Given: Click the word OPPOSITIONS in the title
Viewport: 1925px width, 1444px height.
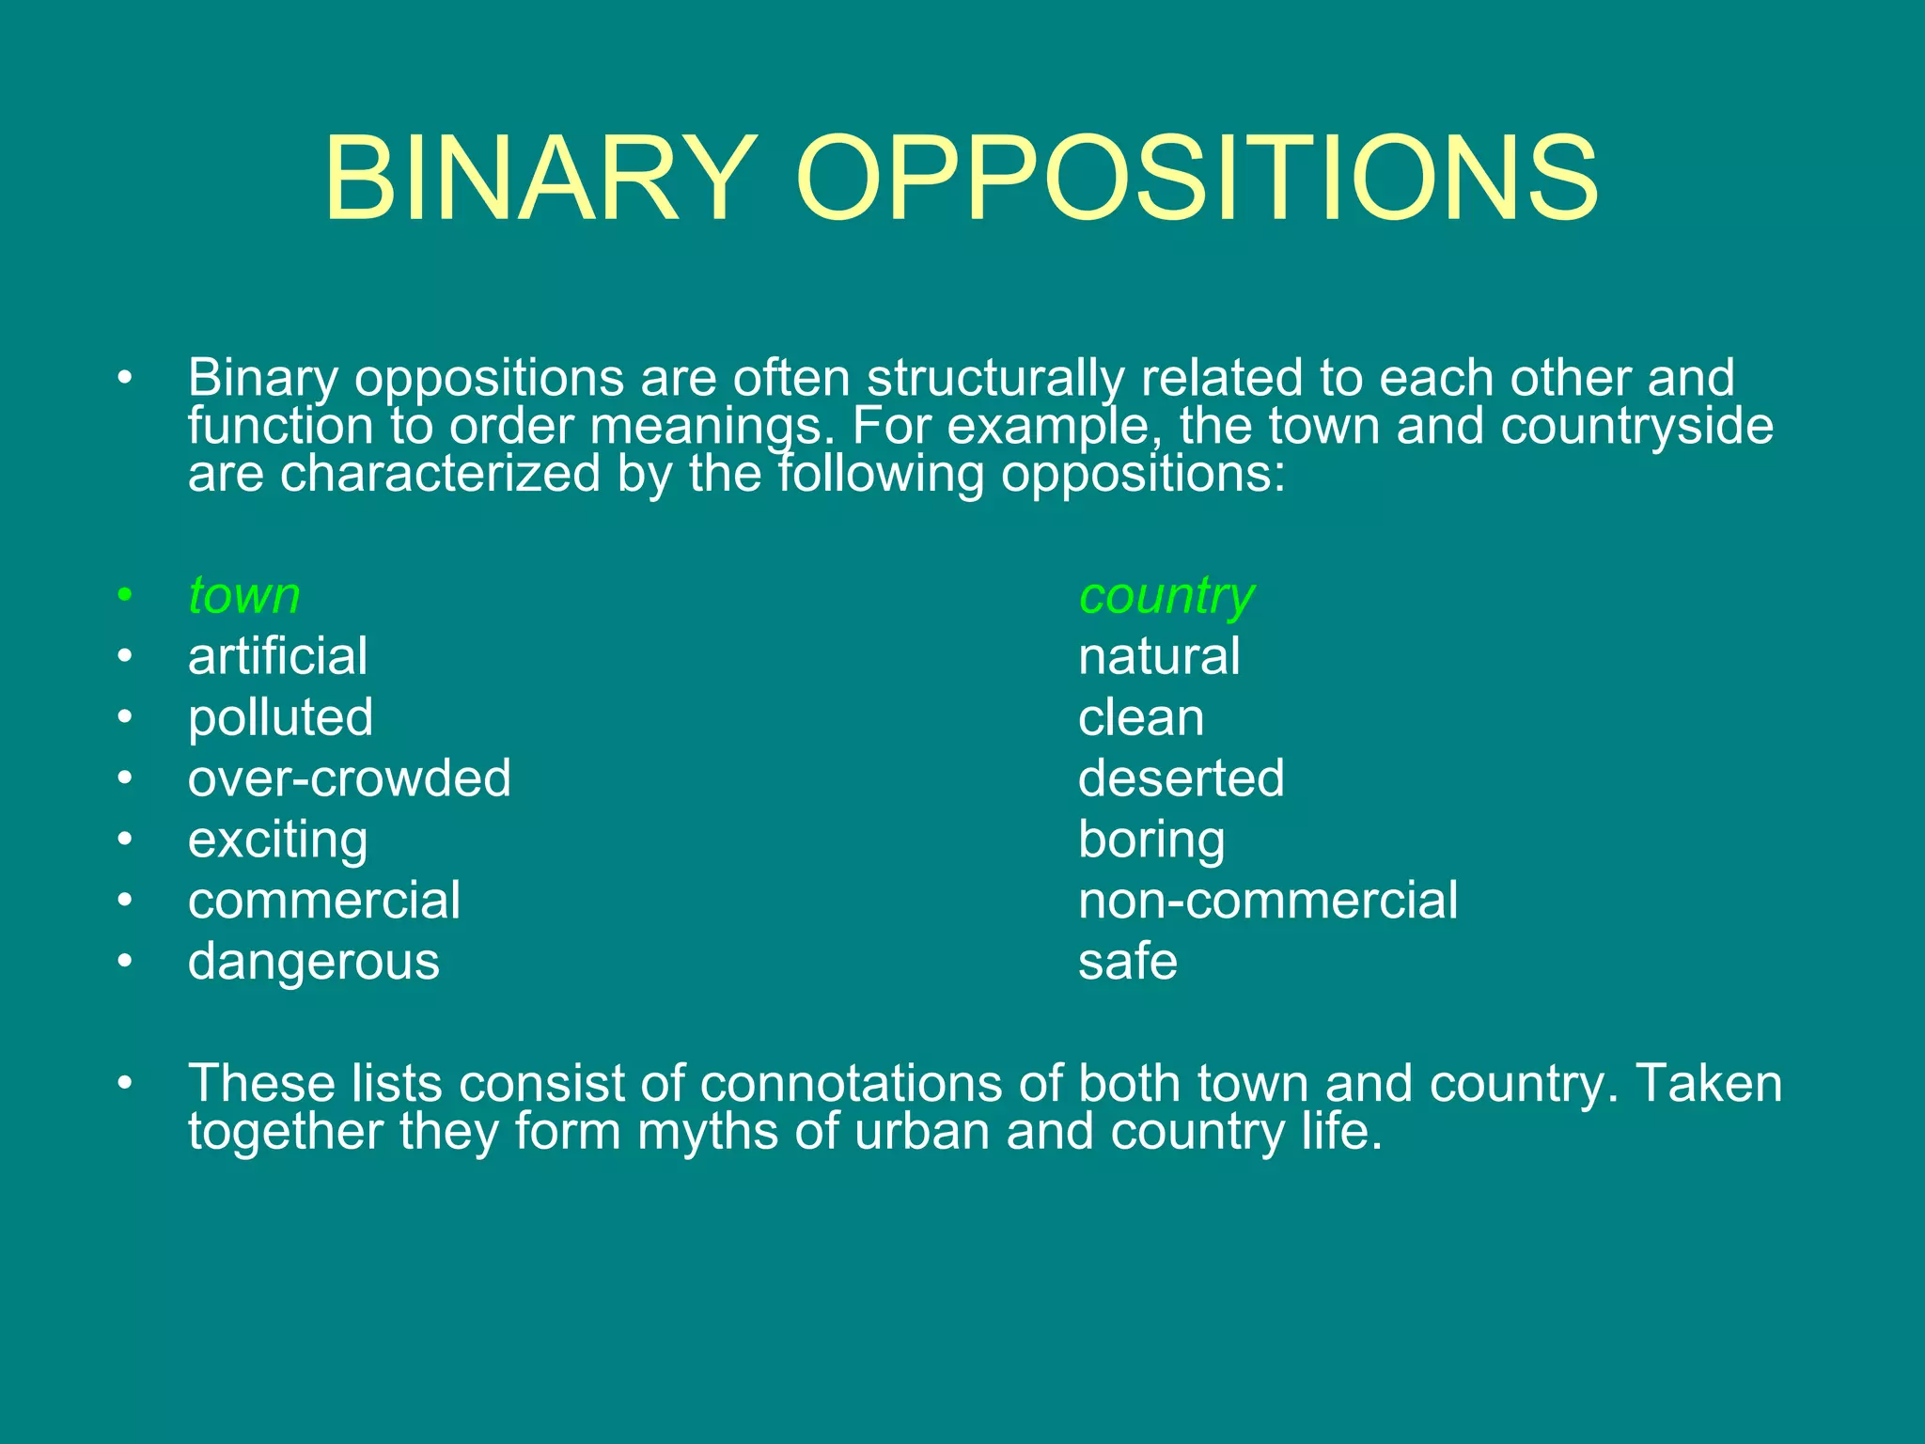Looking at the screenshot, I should (1196, 179).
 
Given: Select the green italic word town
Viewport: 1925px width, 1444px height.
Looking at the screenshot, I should (244, 596).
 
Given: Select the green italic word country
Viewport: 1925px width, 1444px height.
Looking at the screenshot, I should (1166, 596).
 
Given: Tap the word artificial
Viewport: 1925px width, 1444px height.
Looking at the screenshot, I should (277, 656).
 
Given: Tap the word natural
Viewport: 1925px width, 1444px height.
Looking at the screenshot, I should (1159, 656).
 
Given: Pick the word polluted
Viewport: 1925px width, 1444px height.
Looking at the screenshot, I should (280, 718).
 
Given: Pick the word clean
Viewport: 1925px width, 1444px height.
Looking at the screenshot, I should (1141, 718).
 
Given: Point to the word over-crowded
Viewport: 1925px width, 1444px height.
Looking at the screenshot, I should (349, 778).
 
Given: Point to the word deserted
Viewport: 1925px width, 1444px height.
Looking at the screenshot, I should (1181, 778).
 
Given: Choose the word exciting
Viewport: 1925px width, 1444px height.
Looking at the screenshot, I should (277, 840).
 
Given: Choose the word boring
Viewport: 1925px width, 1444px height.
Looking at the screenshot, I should (1151, 840).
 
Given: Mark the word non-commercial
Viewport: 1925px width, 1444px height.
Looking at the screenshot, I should (1268, 901).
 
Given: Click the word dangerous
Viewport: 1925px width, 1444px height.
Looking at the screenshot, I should (313, 962).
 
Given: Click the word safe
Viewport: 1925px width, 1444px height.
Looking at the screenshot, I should (1127, 962).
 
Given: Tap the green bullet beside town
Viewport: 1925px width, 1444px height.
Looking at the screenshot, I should (125, 596).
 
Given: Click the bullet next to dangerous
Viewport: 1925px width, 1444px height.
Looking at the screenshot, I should (125, 962).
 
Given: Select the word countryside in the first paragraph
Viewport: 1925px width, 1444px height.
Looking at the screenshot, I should (1636, 426).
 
